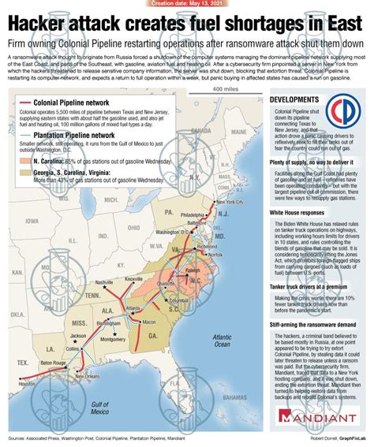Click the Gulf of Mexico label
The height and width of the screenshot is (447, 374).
99,408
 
